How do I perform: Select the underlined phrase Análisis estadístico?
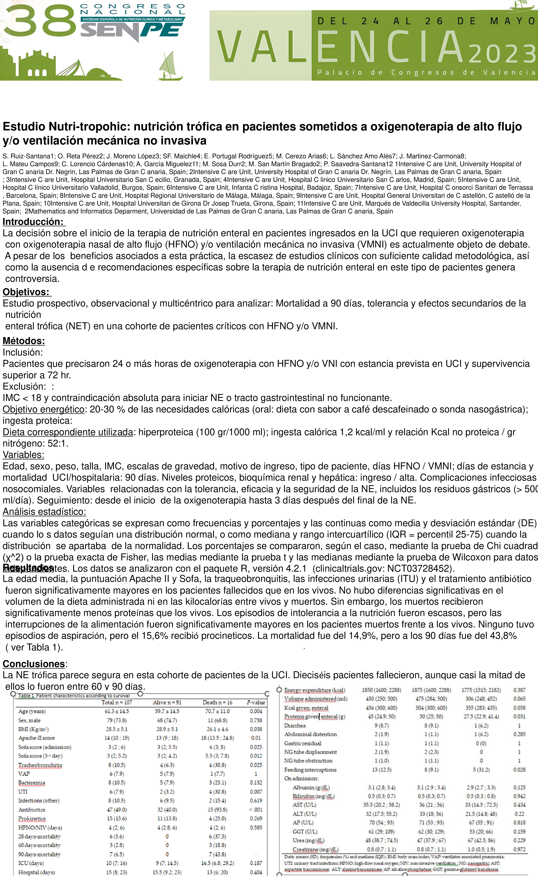coord(44,512)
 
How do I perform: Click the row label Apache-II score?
coord(36,738)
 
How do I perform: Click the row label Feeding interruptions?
coord(310,770)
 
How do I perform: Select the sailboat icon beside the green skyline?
coord(171,66)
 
